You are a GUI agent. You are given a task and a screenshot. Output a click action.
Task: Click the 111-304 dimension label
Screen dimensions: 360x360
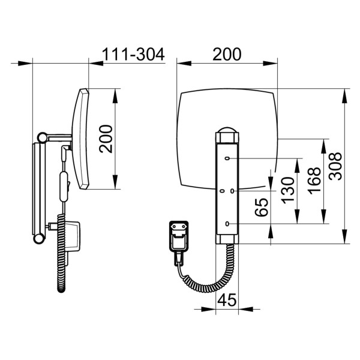pyautogui.click(x=133, y=55)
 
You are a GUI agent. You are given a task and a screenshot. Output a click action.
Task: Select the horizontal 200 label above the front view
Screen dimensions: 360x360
pyautogui.click(x=227, y=55)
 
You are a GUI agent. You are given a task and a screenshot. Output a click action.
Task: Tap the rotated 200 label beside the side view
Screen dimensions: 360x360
pyautogui.click(x=106, y=139)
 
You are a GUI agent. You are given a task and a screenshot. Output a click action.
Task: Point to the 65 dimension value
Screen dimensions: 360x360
pyautogui.click(x=262, y=207)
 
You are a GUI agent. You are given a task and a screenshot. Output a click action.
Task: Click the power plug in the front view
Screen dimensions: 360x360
pyautogui.click(x=179, y=237)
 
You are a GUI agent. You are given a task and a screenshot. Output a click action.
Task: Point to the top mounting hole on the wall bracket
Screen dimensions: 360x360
pyautogui.click(x=228, y=158)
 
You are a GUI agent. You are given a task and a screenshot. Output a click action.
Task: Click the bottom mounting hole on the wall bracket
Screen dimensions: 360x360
pyautogui.click(x=228, y=224)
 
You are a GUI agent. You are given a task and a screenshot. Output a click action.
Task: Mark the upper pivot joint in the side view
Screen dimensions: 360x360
pyautogui.click(x=42, y=138)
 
